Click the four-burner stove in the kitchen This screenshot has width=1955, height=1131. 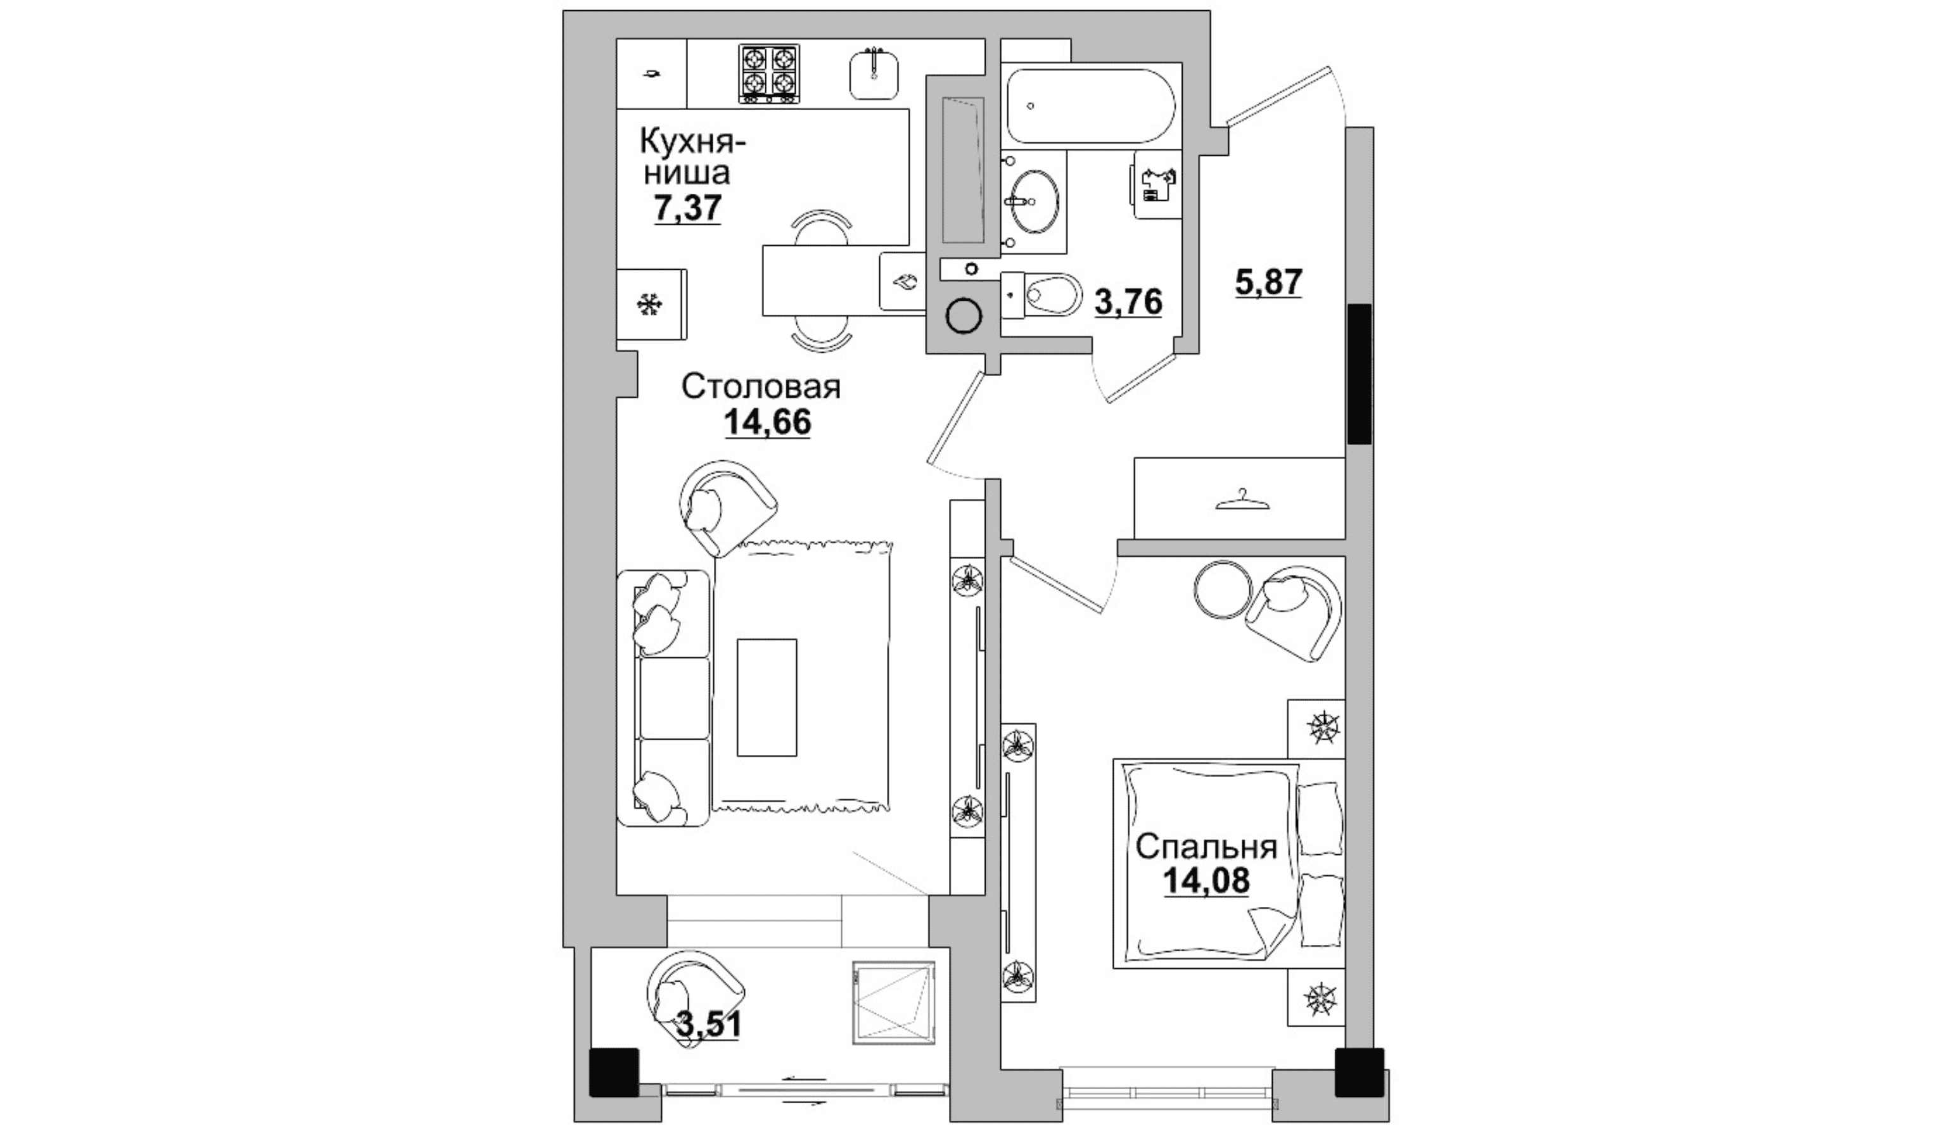pos(769,73)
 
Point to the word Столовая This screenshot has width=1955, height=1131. pos(760,386)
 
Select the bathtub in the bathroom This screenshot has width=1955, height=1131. pos(1091,106)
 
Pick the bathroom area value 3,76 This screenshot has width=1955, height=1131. pos(1128,302)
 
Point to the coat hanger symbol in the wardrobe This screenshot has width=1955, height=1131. pos(1243,500)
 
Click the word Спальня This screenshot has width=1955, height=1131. pos(1206,848)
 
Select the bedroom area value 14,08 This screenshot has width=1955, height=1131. pos(1206,881)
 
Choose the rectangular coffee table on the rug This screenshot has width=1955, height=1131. pos(767,697)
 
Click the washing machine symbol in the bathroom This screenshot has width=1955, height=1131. pos(1158,186)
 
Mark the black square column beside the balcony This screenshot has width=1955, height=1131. pos(614,1073)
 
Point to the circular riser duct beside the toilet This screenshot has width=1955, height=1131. pos(964,316)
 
